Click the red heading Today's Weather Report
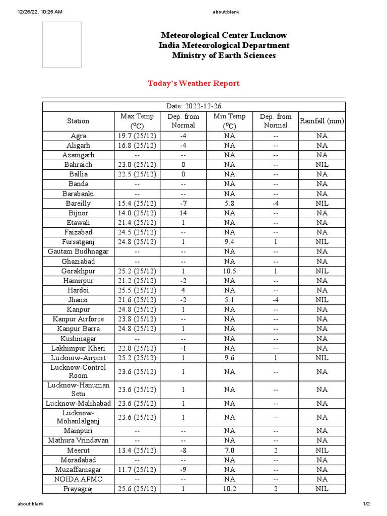point(193,83)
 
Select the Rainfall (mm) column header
point(321,121)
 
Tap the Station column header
point(78,121)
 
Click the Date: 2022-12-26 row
point(193,106)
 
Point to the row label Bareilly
point(78,204)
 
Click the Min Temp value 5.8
point(229,204)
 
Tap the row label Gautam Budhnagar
point(78,251)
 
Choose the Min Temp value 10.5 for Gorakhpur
point(229,271)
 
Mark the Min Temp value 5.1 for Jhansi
point(229,300)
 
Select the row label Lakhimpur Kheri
point(78,348)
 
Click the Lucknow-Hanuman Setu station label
point(78,390)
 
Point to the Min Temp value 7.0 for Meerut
point(229,450)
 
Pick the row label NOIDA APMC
point(78,479)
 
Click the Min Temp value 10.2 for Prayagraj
point(229,489)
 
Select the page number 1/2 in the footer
point(366,504)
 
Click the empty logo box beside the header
point(61,44)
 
